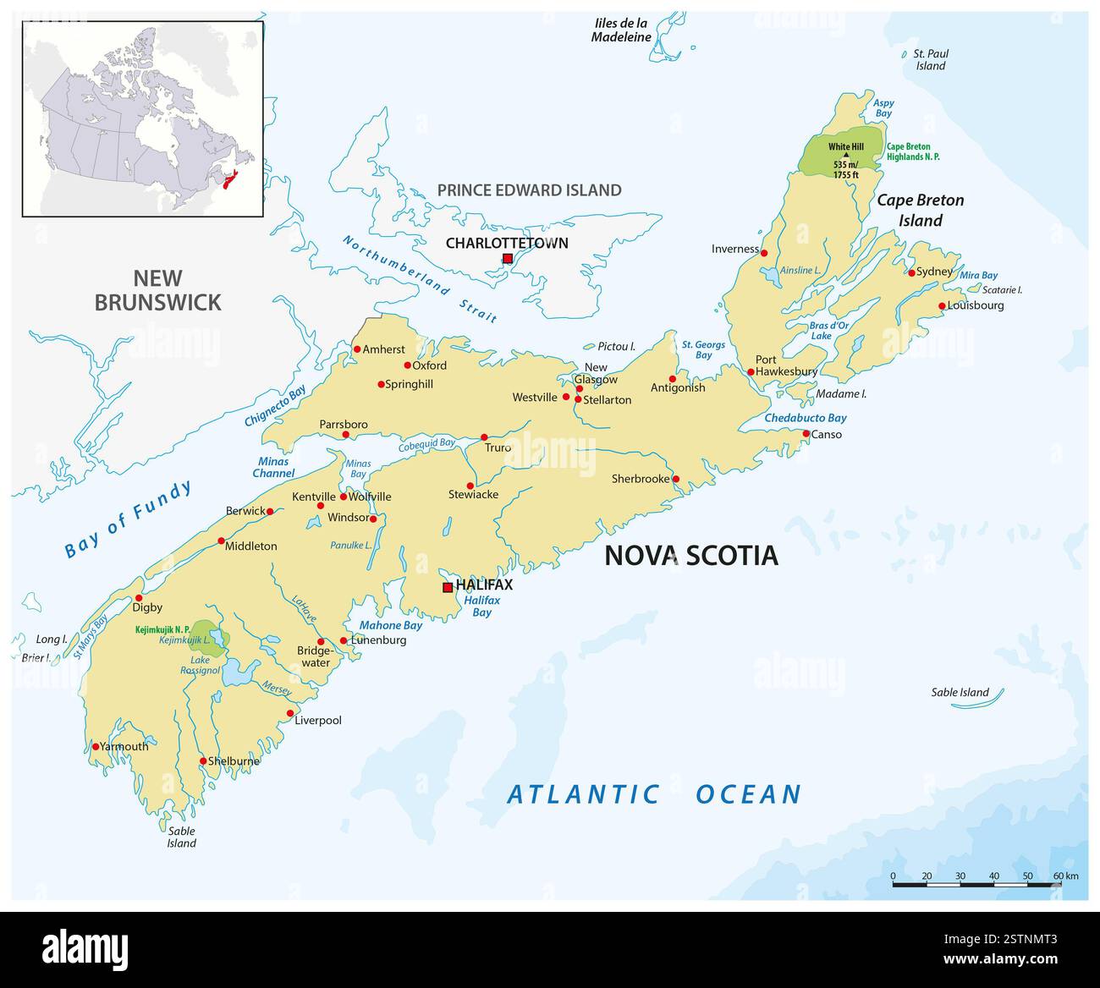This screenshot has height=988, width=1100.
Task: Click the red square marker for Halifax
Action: (x=448, y=587)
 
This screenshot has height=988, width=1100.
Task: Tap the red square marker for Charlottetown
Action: (x=508, y=259)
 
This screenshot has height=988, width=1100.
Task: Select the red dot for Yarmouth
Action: (x=96, y=746)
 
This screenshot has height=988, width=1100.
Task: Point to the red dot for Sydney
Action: (x=911, y=272)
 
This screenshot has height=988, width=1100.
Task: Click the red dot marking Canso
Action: (x=806, y=434)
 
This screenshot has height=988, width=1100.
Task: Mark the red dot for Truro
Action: (x=484, y=437)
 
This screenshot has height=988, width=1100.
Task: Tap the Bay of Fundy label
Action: (x=129, y=519)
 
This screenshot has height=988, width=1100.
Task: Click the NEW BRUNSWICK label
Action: (x=157, y=290)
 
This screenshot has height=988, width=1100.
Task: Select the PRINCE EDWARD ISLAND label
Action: (x=529, y=190)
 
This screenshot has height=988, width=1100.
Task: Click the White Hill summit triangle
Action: (x=845, y=156)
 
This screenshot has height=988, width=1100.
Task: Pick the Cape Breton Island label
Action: (x=920, y=211)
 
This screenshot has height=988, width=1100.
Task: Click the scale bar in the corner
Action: (x=976, y=884)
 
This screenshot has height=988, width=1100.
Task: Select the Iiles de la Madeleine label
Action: (x=621, y=30)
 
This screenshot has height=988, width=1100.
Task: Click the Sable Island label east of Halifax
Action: (x=960, y=692)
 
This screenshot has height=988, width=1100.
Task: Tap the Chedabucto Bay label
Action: (x=805, y=418)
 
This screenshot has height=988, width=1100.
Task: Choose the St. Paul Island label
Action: (x=930, y=59)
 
